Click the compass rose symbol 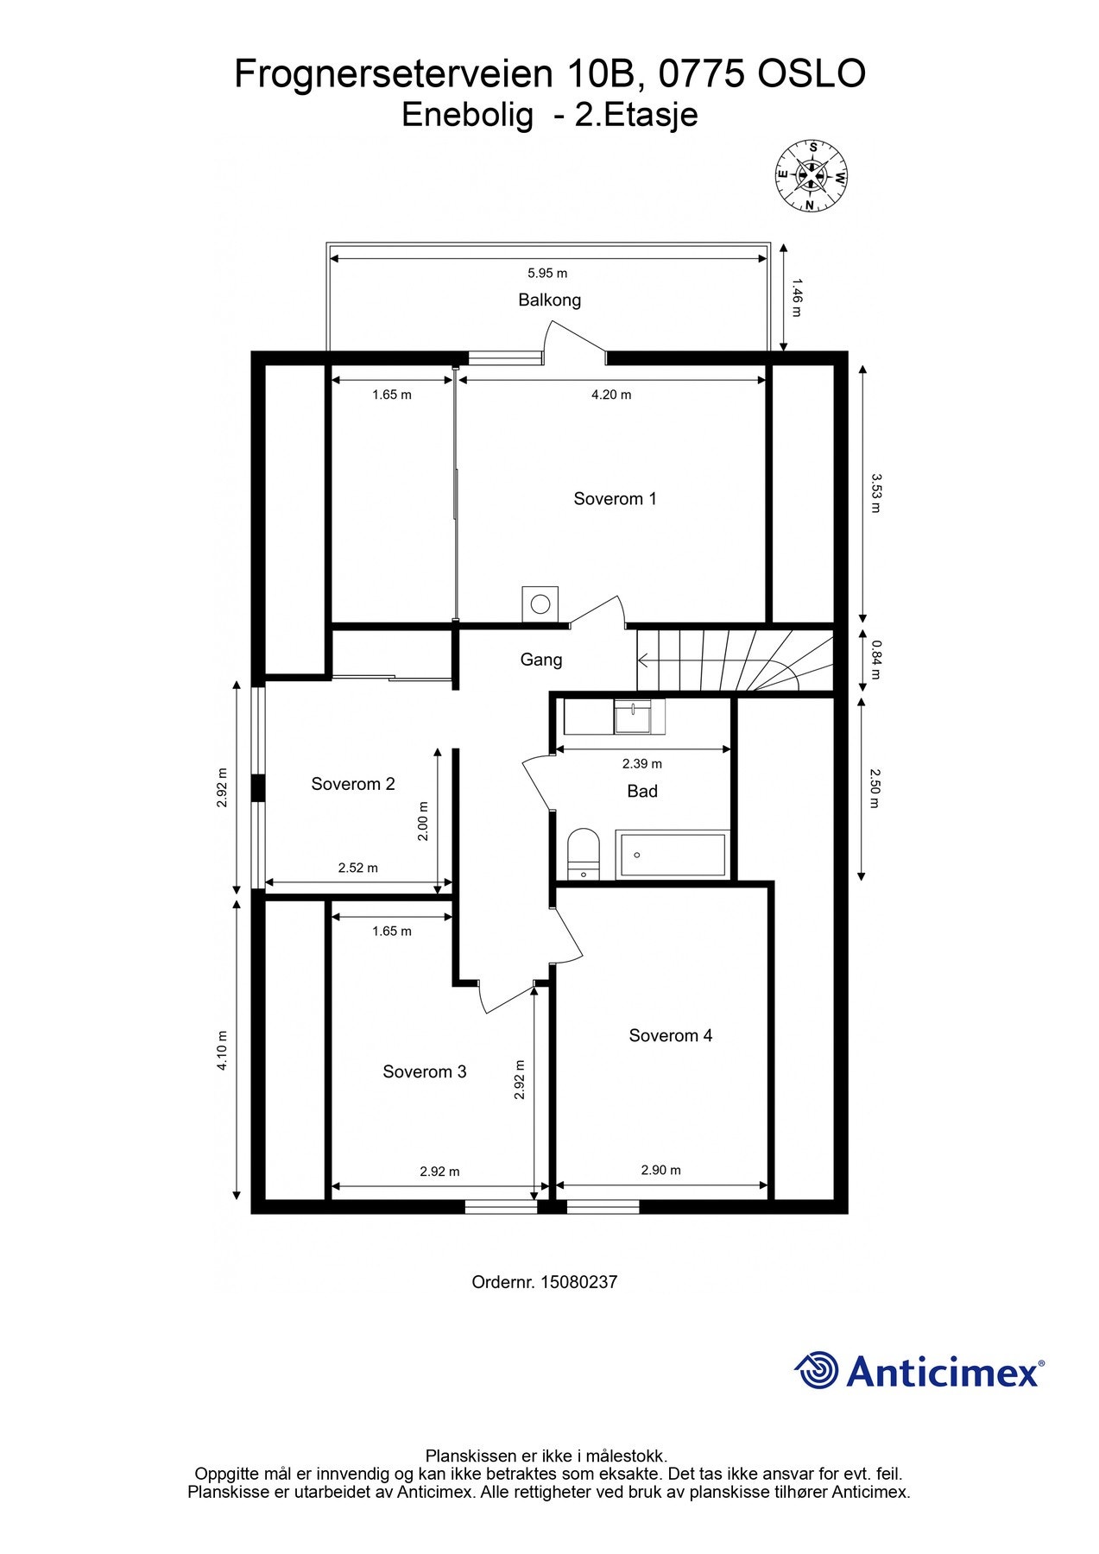tap(811, 176)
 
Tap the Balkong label tap(549, 300)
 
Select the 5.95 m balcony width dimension tap(547, 273)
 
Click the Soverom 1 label tap(615, 498)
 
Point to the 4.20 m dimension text tap(610, 395)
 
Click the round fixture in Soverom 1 tap(540, 603)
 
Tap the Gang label tap(540, 660)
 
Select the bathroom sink tap(640, 717)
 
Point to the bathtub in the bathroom tap(673, 855)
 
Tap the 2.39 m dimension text tap(641, 763)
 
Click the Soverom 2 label tap(352, 784)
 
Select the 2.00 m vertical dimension tap(423, 821)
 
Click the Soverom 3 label tap(424, 1071)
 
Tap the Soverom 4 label tap(670, 1035)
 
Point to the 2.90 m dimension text tap(660, 1170)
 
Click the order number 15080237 tap(578, 1282)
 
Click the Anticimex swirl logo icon tap(816, 1370)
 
